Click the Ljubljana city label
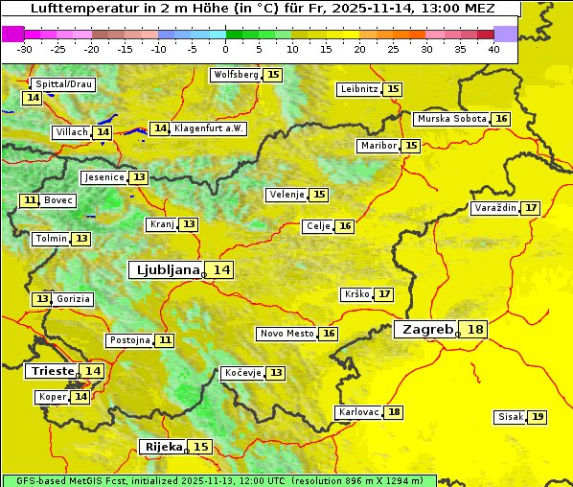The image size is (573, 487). (x=165, y=270)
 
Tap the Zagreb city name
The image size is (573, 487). (x=426, y=330)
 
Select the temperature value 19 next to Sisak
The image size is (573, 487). (x=538, y=417)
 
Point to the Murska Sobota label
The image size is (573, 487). (x=450, y=119)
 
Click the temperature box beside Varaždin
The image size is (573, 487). (x=531, y=208)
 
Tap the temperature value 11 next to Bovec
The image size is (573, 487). (x=30, y=200)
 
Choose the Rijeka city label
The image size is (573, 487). (x=163, y=447)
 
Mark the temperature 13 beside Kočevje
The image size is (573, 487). (x=276, y=373)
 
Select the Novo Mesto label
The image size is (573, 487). (x=286, y=334)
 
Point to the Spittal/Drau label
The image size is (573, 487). (x=62, y=84)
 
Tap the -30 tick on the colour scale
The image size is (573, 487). (x=25, y=49)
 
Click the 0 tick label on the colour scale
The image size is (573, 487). (x=226, y=49)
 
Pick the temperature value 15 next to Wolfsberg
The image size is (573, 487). (x=274, y=75)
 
